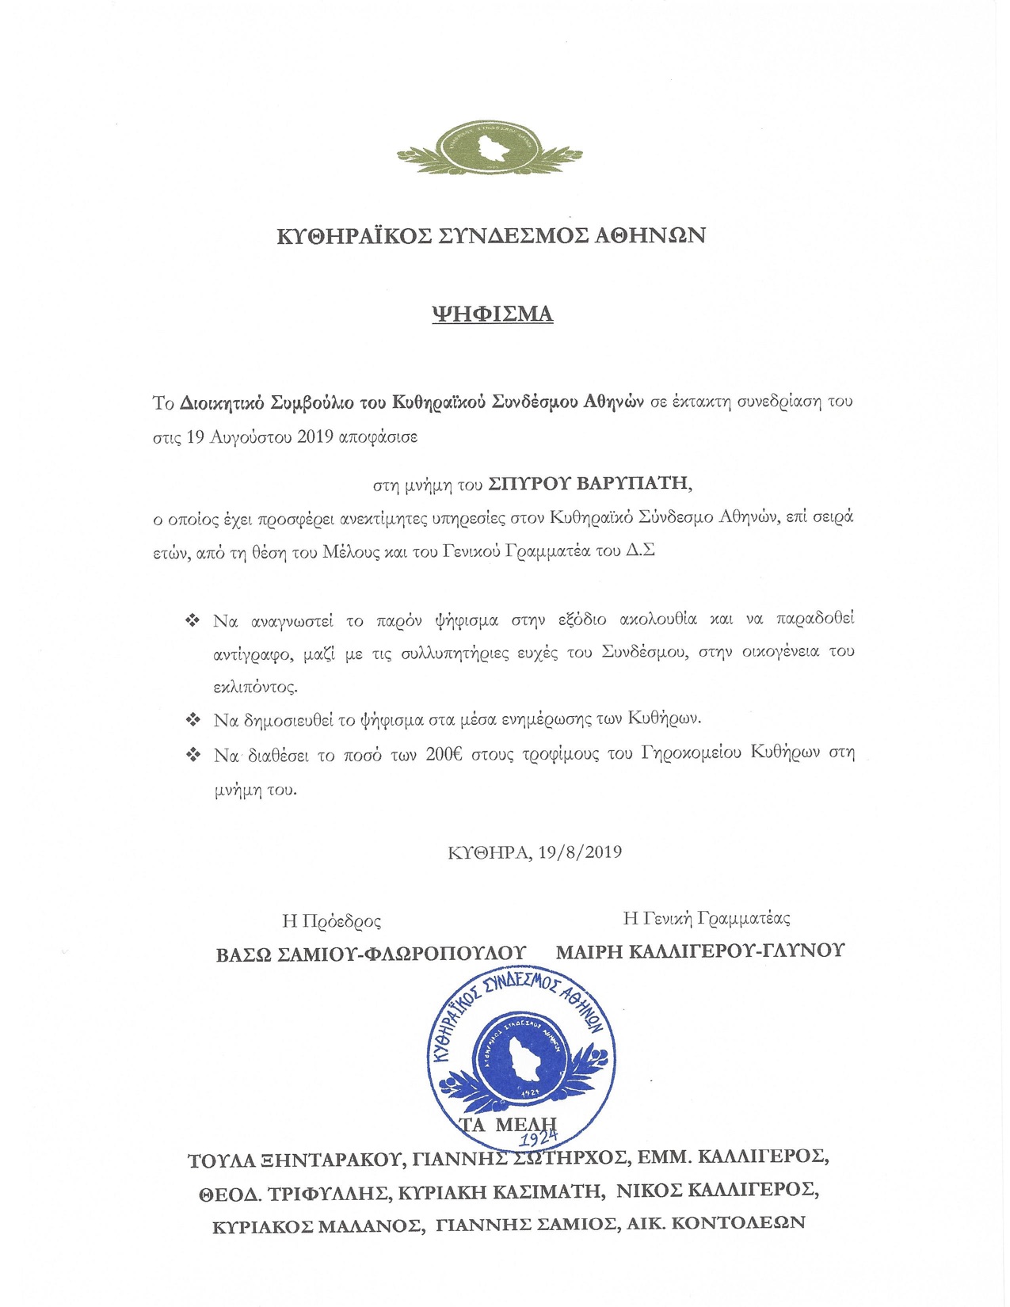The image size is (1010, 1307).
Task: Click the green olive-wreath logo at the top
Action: (x=490, y=148)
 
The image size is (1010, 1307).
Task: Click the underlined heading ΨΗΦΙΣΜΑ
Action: (x=492, y=314)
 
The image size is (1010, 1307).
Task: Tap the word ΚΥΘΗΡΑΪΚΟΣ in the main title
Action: (x=354, y=235)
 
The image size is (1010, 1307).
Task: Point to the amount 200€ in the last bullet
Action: (x=444, y=754)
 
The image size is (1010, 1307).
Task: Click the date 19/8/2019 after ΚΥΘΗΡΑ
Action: (x=580, y=852)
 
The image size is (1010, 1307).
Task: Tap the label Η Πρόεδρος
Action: (x=331, y=920)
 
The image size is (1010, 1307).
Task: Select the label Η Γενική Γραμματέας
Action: (x=707, y=918)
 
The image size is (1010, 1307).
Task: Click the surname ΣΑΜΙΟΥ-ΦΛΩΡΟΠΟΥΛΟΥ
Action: (x=402, y=954)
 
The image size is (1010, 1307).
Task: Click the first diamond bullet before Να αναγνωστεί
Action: (x=192, y=620)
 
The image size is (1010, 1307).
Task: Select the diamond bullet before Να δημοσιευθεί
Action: (x=192, y=720)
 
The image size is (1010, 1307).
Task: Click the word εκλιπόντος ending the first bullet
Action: (x=255, y=687)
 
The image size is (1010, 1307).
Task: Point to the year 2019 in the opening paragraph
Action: (x=314, y=436)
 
